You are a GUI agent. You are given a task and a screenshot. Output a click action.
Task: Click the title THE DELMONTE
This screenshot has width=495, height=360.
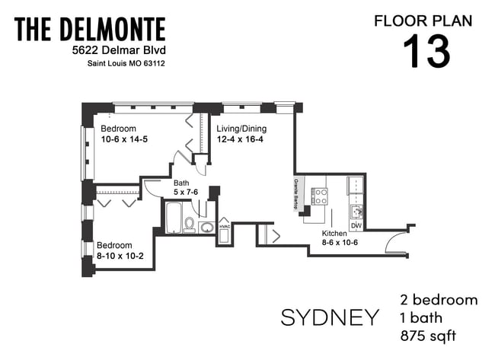coord(90,30)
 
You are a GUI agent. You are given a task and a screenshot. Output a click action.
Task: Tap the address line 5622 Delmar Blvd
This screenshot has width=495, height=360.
coord(113,50)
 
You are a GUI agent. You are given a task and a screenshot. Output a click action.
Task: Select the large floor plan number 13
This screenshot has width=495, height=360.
coord(426,51)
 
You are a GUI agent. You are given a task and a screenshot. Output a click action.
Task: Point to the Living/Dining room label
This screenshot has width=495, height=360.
coord(242,129)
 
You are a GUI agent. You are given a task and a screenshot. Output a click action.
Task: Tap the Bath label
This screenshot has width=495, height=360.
coord(181,183)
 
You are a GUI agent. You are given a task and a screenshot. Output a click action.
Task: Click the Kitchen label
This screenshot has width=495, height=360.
coord(334,234)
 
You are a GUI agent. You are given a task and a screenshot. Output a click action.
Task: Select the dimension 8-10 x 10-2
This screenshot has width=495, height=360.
coord(125,256)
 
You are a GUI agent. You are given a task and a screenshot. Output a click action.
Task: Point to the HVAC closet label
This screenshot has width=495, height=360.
coord(225,227)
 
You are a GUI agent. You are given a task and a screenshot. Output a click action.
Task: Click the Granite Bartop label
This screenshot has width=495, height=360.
coord(299,191)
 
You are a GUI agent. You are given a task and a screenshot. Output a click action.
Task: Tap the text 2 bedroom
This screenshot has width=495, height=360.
coord(439,299)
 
